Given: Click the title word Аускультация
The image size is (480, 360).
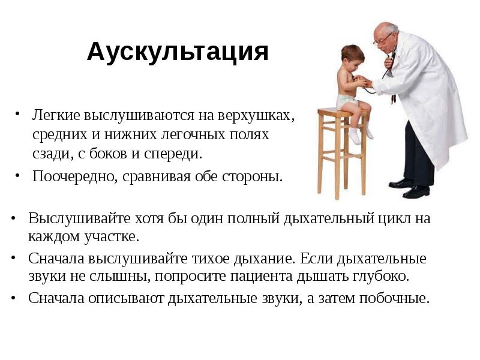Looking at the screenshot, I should [x=177, y=52].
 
